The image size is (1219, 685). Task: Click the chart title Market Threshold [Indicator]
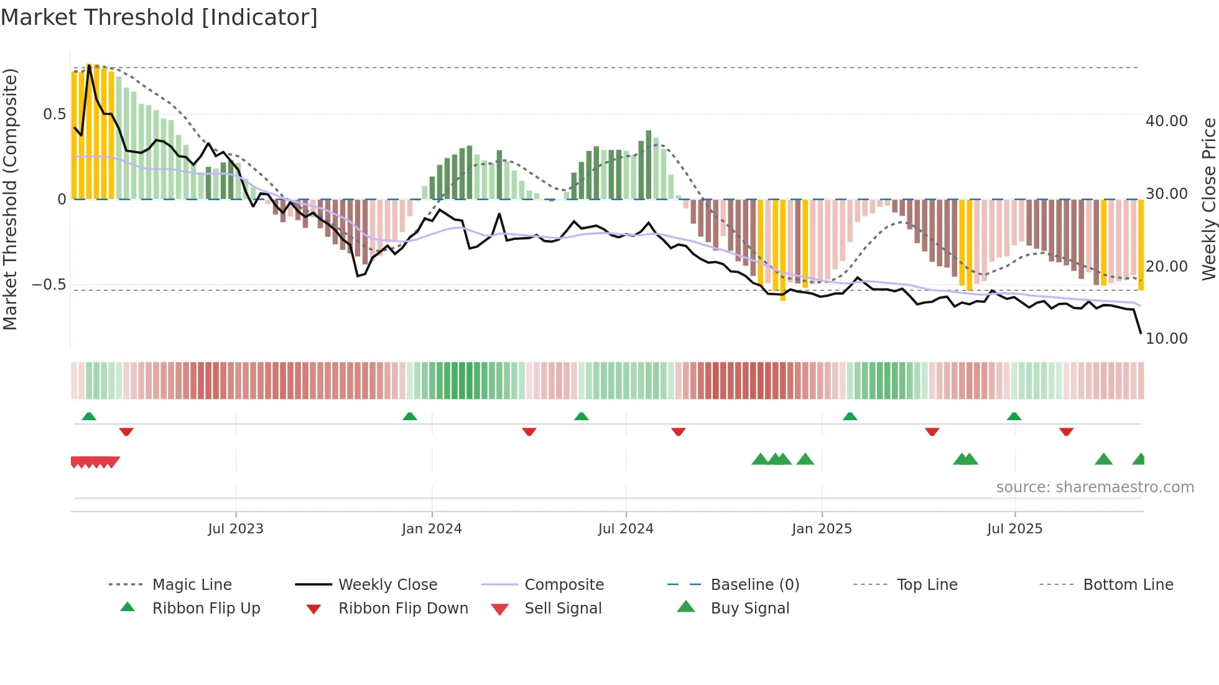pyautogui.click(x=159, y=17)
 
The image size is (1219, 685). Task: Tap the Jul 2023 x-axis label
pyautogui.click(x=236, y=529)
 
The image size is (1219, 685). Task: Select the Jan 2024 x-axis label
pyautogui.click(x=432, y=529)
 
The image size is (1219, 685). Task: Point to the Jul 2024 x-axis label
pyautogui.click(x=626, y=529)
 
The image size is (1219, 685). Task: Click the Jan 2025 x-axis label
pyautogui.click(x=822, y=529)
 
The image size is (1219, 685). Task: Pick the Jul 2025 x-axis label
pyautogui.click(x=1014, y=529)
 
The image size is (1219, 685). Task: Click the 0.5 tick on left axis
pyautogui.click(x=54, y=114)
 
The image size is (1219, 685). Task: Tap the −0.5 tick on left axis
pyautogui.click(x=49, y=285)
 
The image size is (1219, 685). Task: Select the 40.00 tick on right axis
pyautogui.click(x=1166, y=121)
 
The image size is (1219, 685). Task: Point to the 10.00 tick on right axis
pyautogui.click(x=1166, y=339)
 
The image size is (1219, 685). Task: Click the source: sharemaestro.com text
pyautogui.click(x=1095, y=487)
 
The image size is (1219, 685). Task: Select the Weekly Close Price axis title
pyautogui.click(x=1208, y=199)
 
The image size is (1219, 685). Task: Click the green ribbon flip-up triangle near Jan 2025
pyautogui.click(x=850, y=416)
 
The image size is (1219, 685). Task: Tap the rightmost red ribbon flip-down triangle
pyautogui.click(x=1066, y=431)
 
